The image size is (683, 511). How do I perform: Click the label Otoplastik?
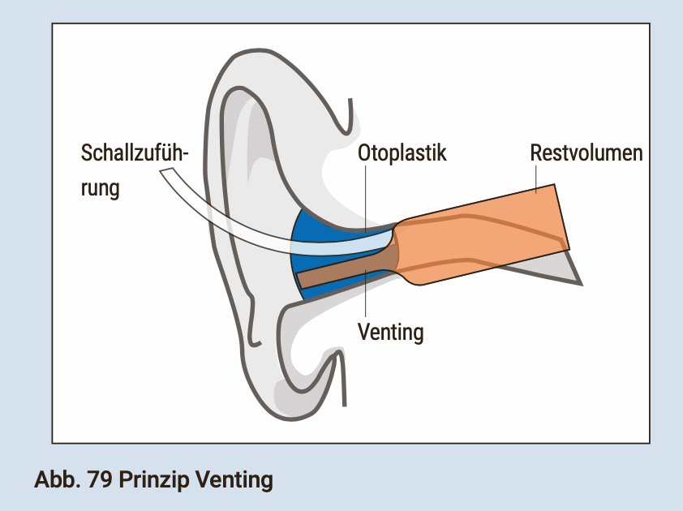click(402, 153)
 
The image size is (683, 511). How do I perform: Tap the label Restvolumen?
click(586, 153)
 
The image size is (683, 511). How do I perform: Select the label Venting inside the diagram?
click(391, 332)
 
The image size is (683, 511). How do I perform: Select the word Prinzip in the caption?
click(157, 479)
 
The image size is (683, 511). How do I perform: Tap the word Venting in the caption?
click(236, 479)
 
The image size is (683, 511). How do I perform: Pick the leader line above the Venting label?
click(366, 296)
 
